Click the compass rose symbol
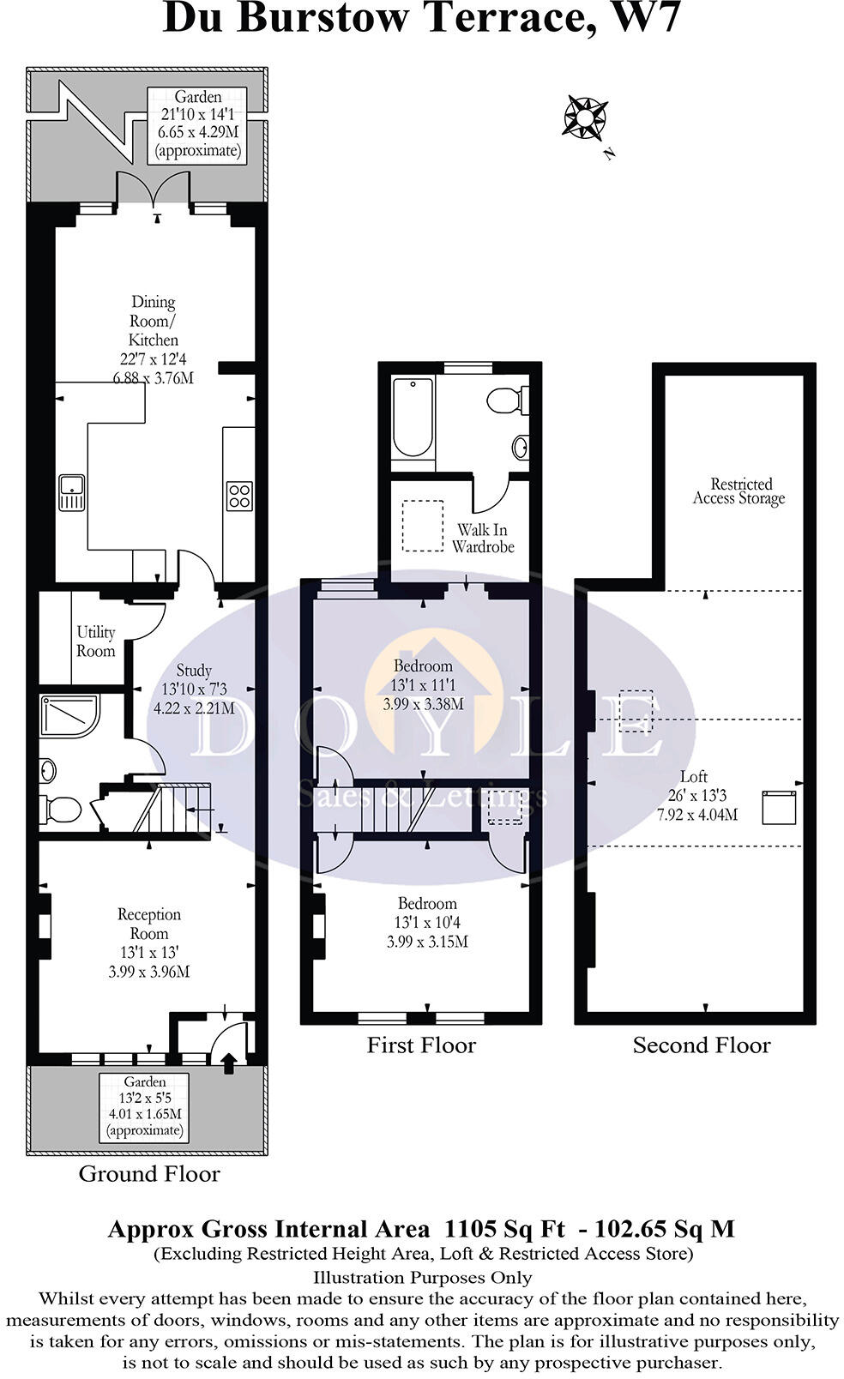coord(585,117)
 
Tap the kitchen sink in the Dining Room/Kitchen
coord(72,492)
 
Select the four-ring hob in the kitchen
coord(239,496)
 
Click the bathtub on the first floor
coord(413,417)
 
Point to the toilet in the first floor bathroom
coord(507,400)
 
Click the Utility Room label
coord(95,641)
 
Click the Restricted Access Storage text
coord(739,491)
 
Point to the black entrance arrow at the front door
coord(229,1064)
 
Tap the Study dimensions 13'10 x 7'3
coord(194,689)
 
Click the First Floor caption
coord(421,1045)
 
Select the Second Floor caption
coord(702,1045)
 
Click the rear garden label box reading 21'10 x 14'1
coord(197,124)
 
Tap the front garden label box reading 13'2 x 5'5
coord(144,1106)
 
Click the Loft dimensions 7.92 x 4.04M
coord(697,815)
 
